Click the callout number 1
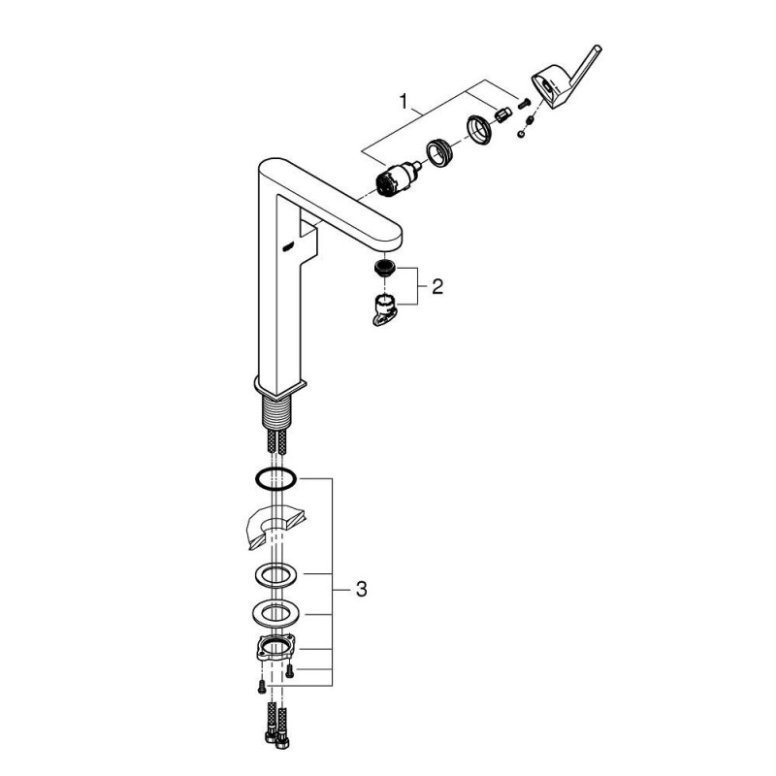coord(404,102)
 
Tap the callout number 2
coord(437,286)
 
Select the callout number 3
coord(361,590)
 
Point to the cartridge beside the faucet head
coord(399,179)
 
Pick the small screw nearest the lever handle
coord(524,104)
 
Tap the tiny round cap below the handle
coord(521,133)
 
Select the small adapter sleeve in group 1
coord(502,115)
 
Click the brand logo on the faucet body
coord(287,244)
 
